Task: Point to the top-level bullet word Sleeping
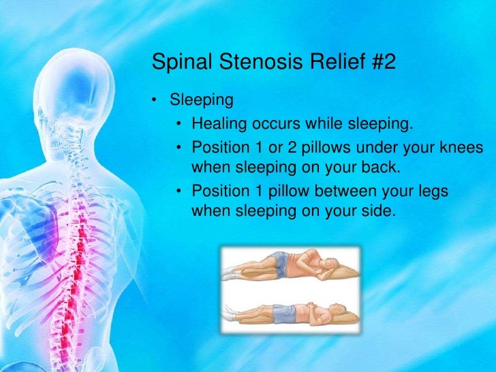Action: point(202,101)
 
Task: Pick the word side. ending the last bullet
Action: point(378,211)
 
